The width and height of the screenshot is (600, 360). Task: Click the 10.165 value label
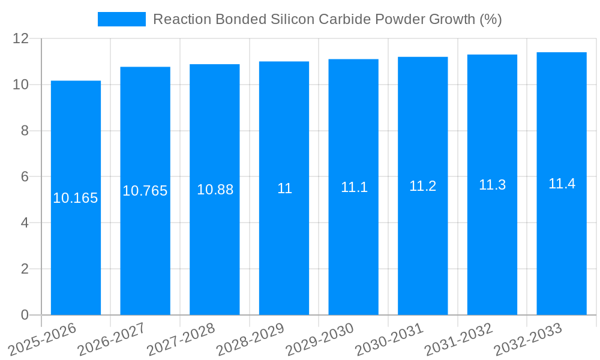(x=76, y=198)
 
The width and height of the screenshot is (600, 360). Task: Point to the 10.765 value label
(x=145, y=191)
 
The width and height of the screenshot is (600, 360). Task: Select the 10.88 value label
(x=215, y=190)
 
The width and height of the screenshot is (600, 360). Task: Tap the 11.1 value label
(x=354, y=187)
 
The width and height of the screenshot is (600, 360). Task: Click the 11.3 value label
(x=492, y=185)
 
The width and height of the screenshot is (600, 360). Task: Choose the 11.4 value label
(x=562, y=184)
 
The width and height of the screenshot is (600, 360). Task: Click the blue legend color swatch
(x=122, y=19)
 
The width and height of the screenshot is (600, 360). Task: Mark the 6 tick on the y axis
(x=25, y=177)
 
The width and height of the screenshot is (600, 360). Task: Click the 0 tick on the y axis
(x=25, y=315)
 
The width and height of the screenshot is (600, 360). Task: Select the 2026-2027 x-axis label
(x=111, y=340)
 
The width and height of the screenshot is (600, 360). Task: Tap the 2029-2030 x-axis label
(x=320, y=340)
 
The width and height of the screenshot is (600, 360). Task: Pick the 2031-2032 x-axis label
(x=458, y=340)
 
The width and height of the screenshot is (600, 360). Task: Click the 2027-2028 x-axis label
(x=181, y=340)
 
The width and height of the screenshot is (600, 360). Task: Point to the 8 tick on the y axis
(x=25, y=131)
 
